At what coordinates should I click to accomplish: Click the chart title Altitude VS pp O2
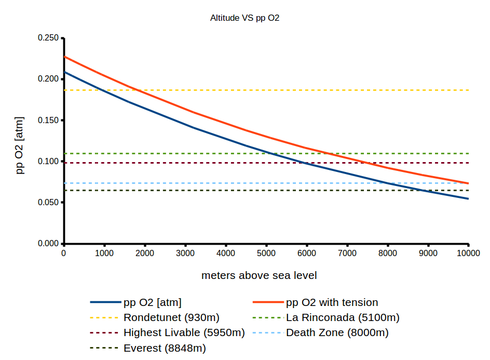[245, 18]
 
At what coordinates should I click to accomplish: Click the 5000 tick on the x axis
[266, 253]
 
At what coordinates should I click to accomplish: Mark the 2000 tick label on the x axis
[144, 253]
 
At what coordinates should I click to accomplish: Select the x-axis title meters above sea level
[259, 275]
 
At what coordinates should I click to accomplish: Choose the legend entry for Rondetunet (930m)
[171, 317]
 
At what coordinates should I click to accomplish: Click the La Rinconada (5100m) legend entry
[343, 317]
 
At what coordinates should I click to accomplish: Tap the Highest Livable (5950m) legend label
[184, 332]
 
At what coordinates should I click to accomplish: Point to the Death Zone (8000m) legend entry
[337, 332]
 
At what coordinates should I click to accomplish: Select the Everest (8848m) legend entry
[165, 348]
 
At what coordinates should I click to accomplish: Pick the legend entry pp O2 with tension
[332, 302]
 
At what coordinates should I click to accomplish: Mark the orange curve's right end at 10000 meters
[468, 183]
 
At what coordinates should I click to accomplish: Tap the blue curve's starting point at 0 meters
[64, 72]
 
